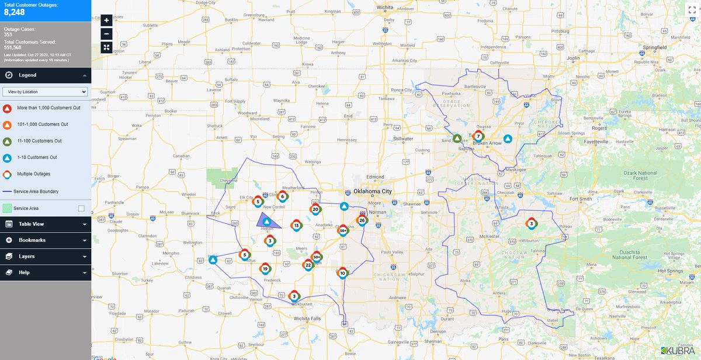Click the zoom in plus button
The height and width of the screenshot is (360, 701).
click(x=106, y=20)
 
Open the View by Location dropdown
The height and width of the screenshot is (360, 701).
click(x=45, y=92)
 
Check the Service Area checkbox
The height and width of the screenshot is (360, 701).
click(x=81, y=208)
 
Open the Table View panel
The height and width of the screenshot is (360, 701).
click(x=46, y=224)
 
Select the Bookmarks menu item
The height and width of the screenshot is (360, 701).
click(x=46, y=240)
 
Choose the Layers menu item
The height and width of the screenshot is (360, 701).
click(x=46, y=257)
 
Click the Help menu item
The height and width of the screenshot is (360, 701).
click(x=46, y=272)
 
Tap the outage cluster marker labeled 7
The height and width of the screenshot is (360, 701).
click(x=478, y=136)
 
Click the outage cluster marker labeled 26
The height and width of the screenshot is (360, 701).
click(x=362, y=220)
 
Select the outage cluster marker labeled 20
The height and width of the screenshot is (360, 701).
click(x=315, y=209)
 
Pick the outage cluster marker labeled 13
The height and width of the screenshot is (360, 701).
click(x=297, y=225)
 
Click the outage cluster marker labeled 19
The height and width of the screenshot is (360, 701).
click(x=265, y=269)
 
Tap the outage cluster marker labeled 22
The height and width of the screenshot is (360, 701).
click(x=308, y=265)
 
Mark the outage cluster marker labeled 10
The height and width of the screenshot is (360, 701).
click(x=342, y=273)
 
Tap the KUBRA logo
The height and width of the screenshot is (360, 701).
click(x=680, y=351)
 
